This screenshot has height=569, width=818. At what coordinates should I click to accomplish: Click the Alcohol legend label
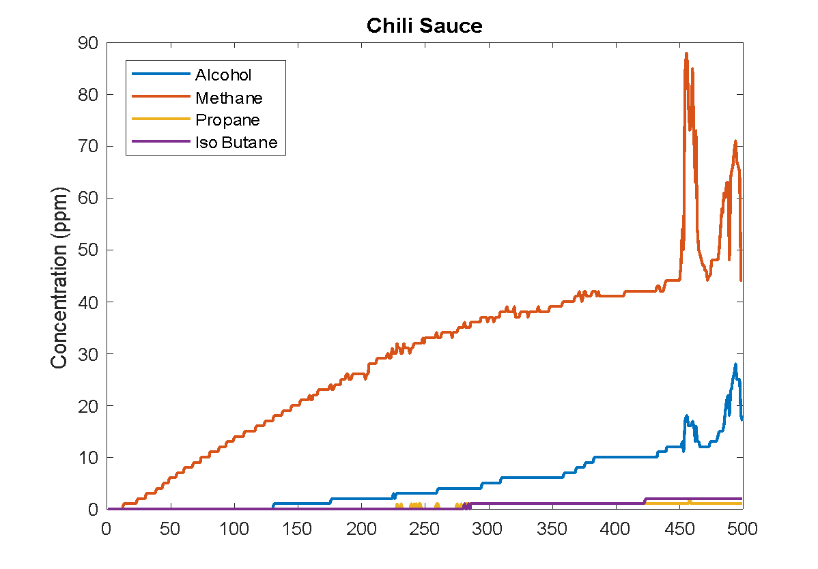pos(223,75)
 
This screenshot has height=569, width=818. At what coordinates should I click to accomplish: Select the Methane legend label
pos(229,98)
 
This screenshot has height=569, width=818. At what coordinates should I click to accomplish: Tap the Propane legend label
pos(227,120)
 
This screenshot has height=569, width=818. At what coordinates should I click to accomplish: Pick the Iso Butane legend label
pos(236,143)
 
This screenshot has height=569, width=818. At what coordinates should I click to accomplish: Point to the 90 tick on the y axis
pos(89,44)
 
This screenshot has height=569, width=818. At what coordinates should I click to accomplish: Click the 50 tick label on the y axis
pos(89,250)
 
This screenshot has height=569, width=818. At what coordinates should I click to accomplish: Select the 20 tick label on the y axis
pos(89,406)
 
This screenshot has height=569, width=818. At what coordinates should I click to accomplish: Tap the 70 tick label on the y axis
pos(89,147)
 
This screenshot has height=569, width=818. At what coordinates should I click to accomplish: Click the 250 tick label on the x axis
pos(425,529)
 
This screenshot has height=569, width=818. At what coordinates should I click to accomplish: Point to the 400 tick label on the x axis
pos(616,529)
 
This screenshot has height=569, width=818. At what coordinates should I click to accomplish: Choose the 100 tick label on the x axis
pos(234,529)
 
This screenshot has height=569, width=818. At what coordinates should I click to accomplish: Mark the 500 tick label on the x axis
pos(742,529)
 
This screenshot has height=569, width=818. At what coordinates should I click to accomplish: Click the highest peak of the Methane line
pos(686,53)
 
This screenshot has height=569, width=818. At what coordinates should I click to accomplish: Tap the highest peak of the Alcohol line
pos(735,364)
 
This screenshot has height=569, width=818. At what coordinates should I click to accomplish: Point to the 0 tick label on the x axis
pos(107,529)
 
